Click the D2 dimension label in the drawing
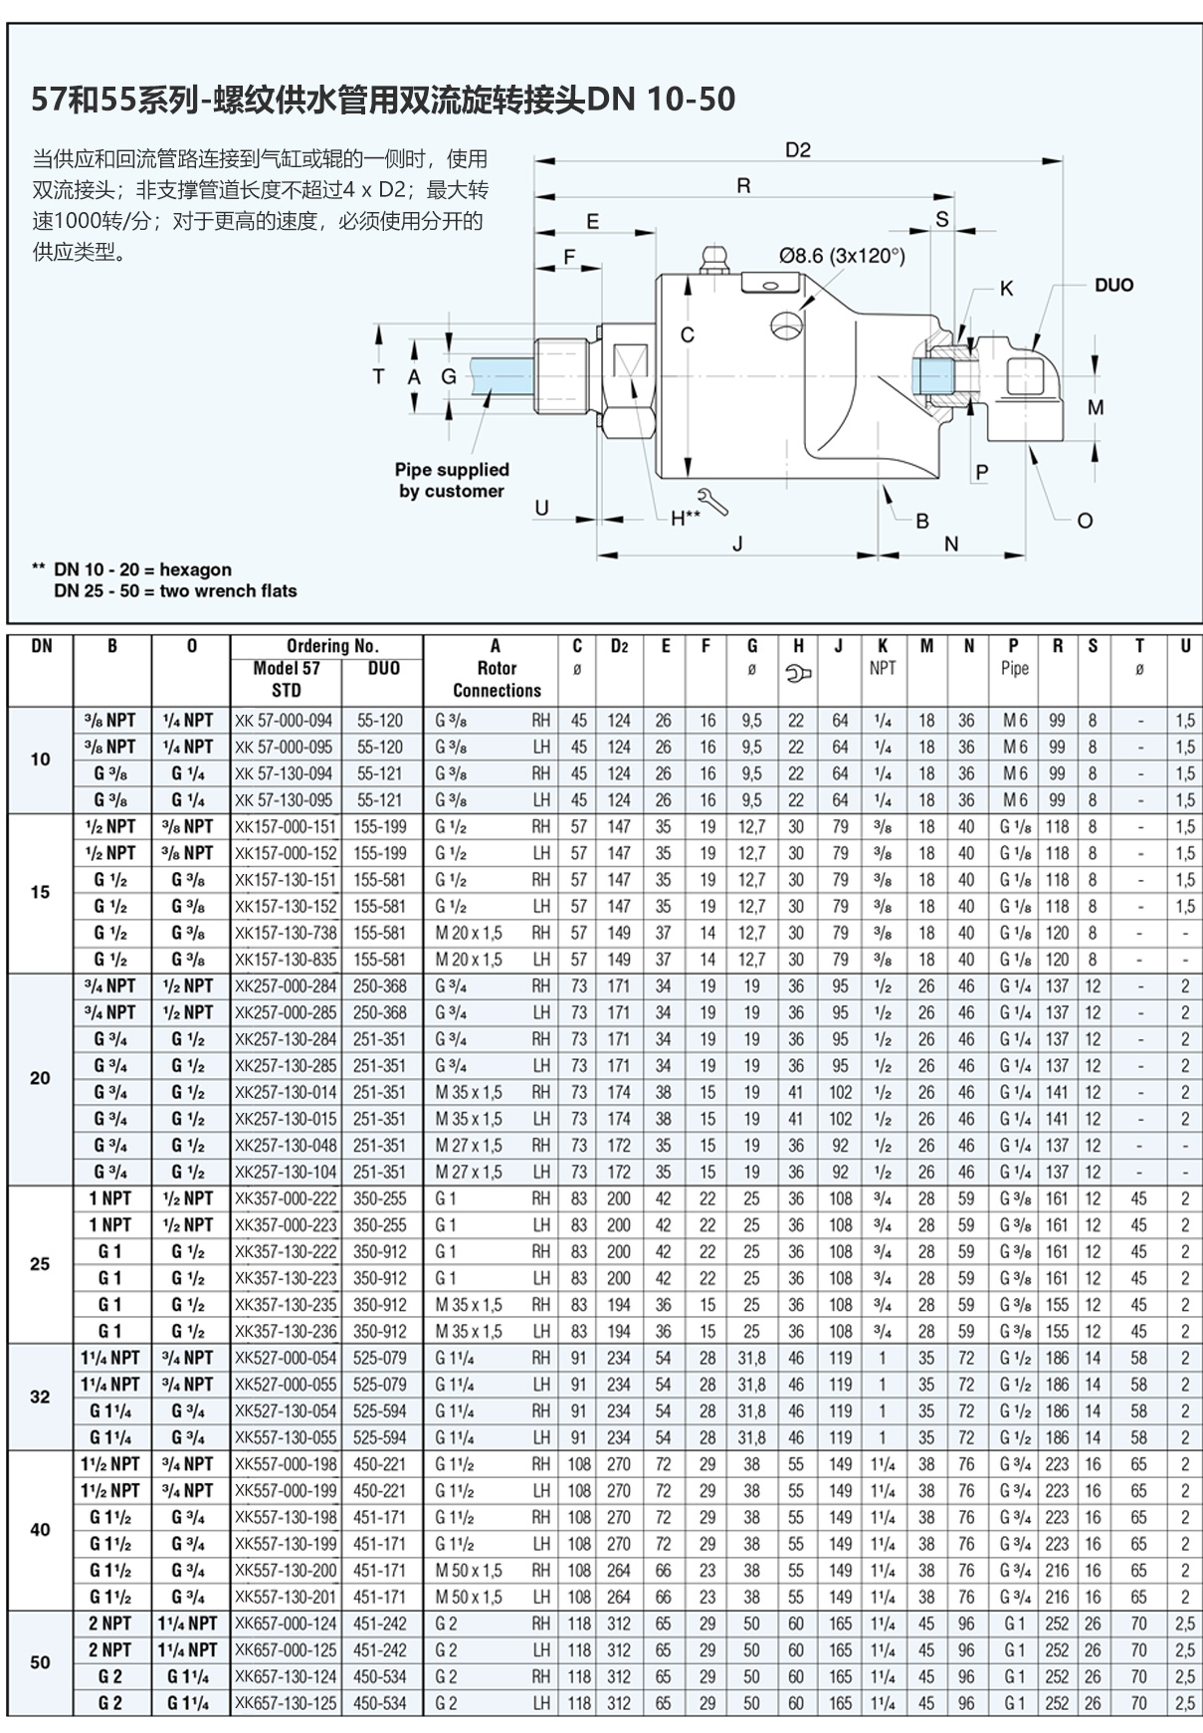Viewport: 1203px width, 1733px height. click(x=797, y=150)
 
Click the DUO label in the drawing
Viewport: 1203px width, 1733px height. click(x=1113, y=285)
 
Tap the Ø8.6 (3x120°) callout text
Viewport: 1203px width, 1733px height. click(x=841, y=256)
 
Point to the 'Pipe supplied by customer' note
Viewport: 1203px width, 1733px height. click(x=452, y=480)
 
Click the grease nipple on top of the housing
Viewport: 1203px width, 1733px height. click(x=712, y=262)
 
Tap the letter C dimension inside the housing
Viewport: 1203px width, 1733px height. click(x=687, y=335)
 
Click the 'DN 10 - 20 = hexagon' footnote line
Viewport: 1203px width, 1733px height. click(x=143, y=569)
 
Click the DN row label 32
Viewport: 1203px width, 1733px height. click(x=40, y=1397)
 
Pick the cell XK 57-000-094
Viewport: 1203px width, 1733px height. click(x=284, y=721)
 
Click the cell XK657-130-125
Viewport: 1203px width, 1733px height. click(x=286, y=1703)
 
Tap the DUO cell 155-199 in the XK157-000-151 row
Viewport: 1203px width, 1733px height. click(x=380, y=827)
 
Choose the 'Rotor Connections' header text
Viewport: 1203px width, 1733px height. click(x=497, y=679)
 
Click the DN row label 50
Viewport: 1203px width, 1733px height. click(x=40, y=1662)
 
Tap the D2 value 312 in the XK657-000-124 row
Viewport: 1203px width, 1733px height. click(x=619, y=1624)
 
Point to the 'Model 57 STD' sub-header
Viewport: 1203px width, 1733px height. click(x=286, y=679)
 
